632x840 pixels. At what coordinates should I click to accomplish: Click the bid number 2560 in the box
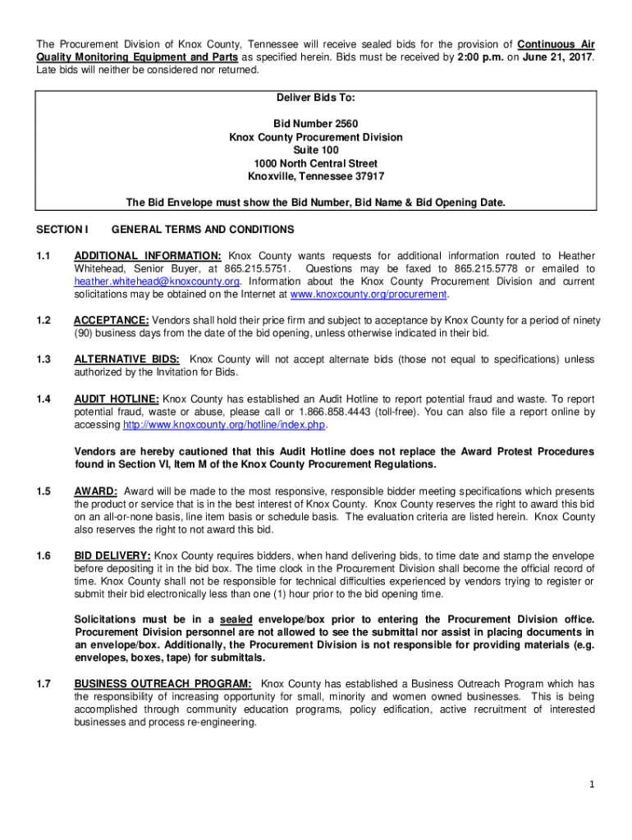point(316,124)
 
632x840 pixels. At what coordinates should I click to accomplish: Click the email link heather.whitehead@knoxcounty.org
point(157,281)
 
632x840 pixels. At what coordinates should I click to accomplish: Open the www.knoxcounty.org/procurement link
point(368,294)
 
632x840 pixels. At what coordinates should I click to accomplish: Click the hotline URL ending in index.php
point(224,425)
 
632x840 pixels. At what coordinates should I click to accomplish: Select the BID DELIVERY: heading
point(112,556)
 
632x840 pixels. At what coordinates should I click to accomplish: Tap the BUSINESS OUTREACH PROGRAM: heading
point(163,684)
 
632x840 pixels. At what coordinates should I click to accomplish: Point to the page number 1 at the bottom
point(591,785)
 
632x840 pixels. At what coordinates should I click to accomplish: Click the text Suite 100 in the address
point(316,150)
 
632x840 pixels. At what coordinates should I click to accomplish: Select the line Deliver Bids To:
point(316,98)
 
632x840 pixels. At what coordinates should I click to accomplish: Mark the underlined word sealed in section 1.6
point(237,619)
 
